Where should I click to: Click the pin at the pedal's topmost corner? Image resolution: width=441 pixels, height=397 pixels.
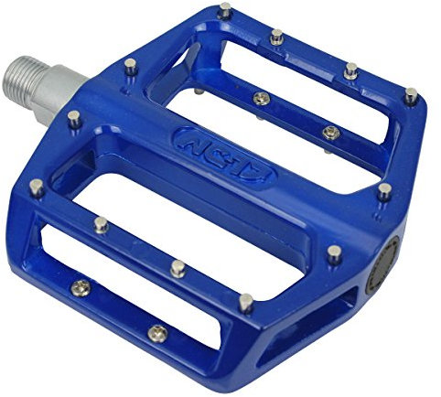pos(225,10)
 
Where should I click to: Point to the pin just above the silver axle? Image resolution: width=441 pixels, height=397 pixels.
pos(131,64)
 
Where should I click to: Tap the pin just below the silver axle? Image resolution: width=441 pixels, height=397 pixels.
pos(74,116)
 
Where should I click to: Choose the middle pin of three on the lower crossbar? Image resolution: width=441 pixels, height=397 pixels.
pos(177,268)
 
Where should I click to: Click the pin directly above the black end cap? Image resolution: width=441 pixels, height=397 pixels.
pos(384,191)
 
